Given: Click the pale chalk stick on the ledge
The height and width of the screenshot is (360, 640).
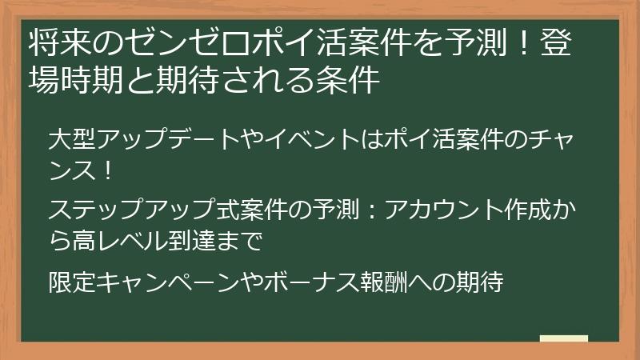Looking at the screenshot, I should click(x=564, y=338).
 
